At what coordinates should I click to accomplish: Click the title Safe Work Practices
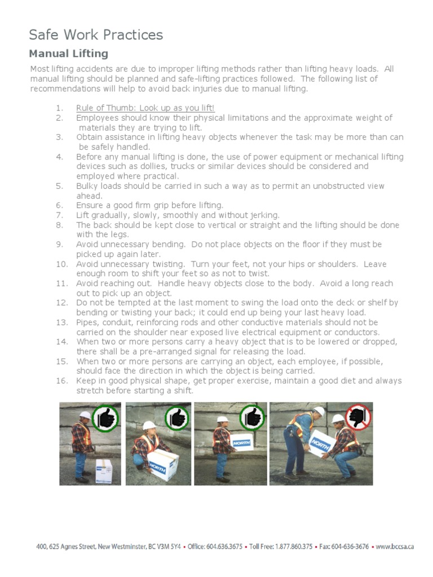[x=96, y=35]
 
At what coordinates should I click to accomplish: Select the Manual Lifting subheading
[x=68, y=54]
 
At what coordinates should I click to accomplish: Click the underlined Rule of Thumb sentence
[x=145, y=108]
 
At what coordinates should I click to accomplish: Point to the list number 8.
[x=60, y=225]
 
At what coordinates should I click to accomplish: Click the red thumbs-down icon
[x=359, y=417]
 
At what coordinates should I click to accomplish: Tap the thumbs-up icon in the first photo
[x=106, y=418]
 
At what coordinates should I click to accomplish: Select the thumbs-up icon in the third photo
[x=252, y=418]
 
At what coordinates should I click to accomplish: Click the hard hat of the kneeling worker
[x=149, y=425]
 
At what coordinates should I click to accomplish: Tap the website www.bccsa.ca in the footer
[x=395, y=547]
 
